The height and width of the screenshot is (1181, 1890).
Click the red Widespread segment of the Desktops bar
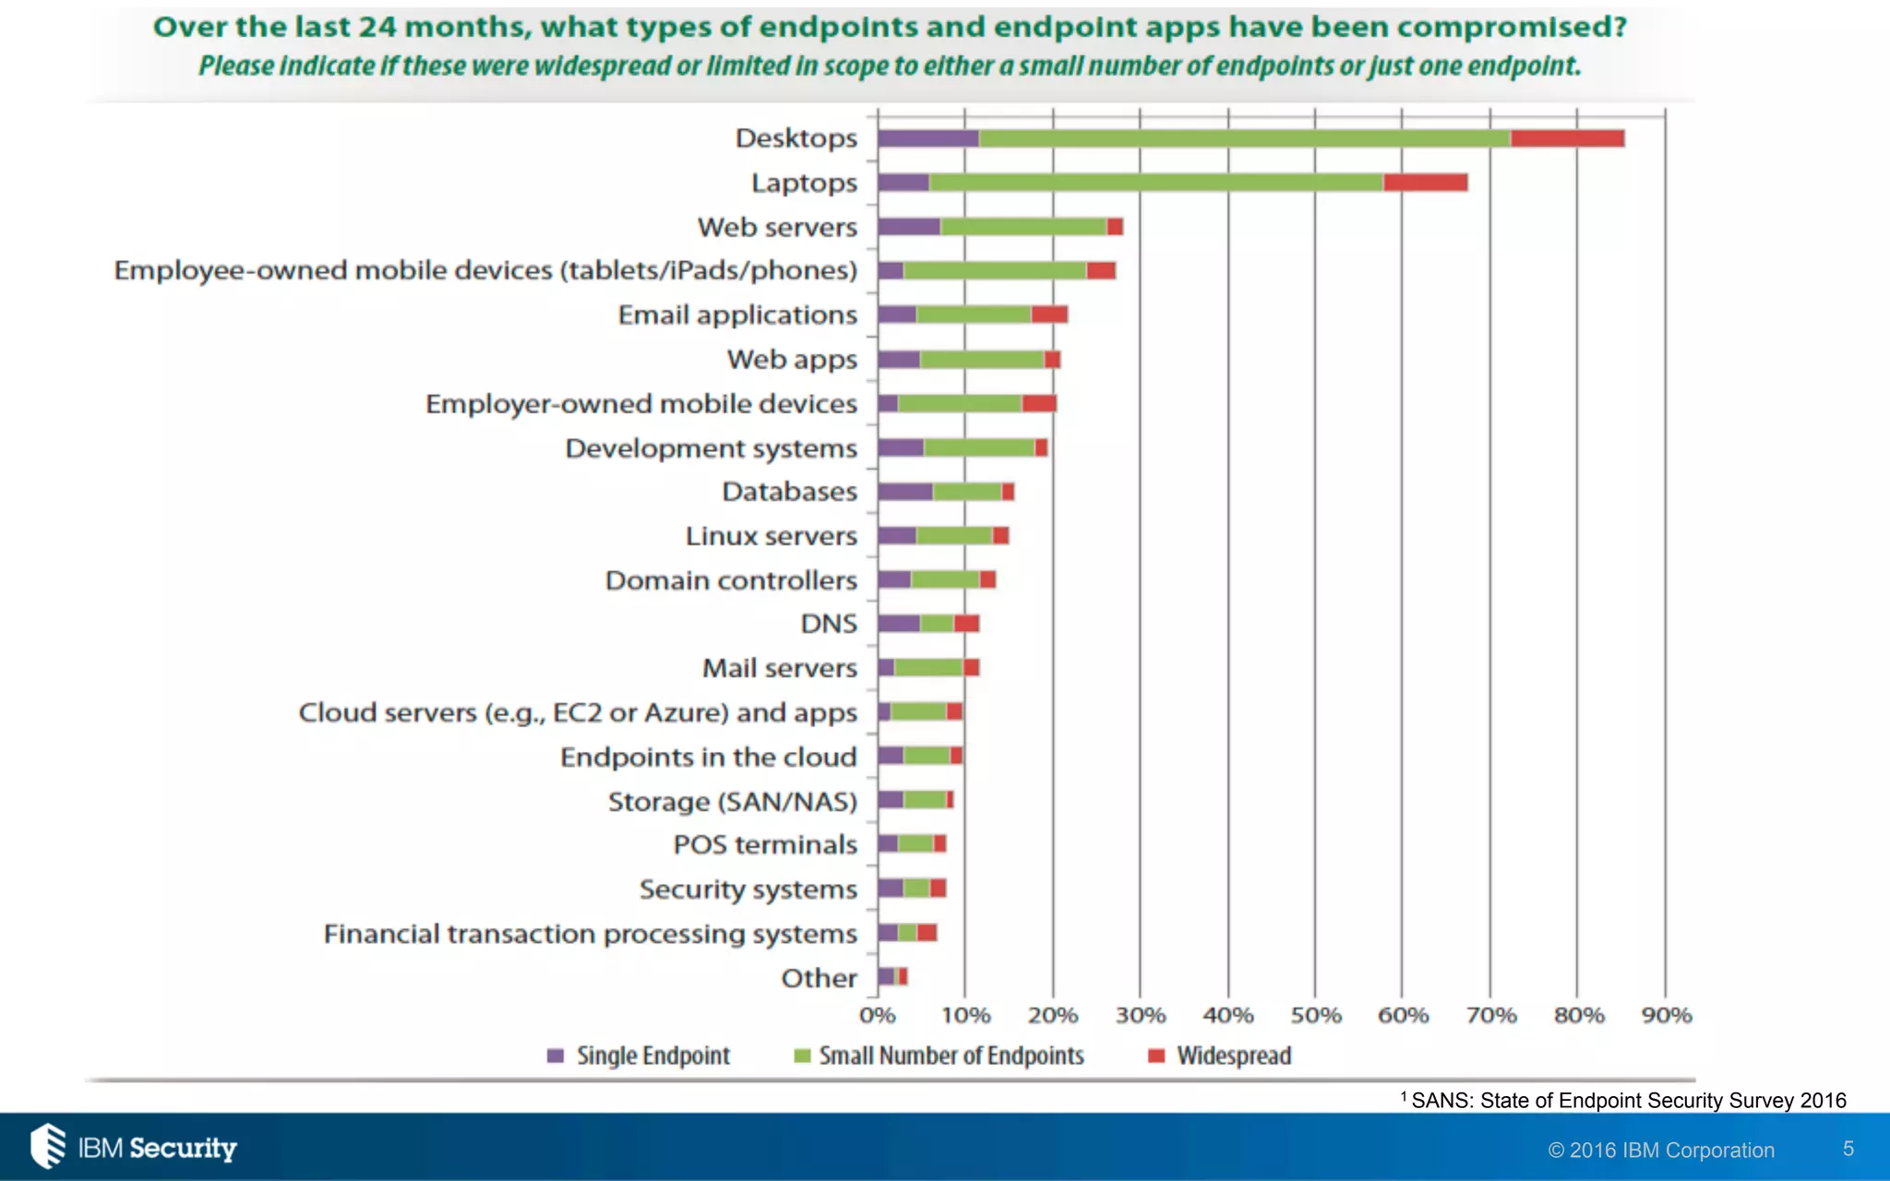1567,138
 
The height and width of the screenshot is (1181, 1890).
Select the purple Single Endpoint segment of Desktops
927,138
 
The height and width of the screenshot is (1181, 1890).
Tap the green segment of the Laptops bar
1155,183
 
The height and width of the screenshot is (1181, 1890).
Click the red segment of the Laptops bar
1425,183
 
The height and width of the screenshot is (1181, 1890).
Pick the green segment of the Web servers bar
1023,227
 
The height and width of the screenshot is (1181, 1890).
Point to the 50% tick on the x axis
1315,1016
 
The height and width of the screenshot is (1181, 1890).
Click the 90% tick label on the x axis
1666,1016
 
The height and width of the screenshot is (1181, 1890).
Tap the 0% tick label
877,1016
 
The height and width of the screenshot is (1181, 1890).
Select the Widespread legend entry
1220,1056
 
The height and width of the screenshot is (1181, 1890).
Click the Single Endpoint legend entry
639,1056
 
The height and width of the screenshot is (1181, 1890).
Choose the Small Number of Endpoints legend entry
939,1056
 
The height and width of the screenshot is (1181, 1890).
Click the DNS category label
829,625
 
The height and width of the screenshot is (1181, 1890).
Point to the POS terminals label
765,845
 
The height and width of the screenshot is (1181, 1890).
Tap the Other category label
819,978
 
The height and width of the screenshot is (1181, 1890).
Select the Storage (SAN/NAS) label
732,801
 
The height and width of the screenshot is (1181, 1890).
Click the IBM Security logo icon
48,1146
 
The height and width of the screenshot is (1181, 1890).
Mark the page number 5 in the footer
1848,1149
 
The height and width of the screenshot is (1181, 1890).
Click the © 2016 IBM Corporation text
1661,1151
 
